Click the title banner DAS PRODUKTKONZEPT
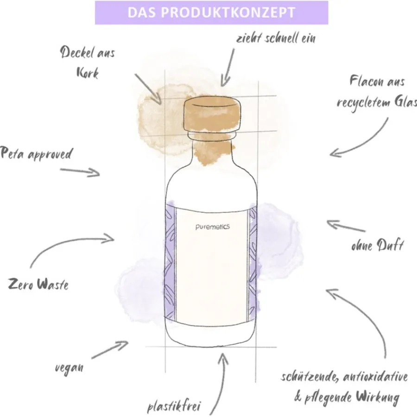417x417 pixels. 211,13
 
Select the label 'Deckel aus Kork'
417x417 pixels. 88,63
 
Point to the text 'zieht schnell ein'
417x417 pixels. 275,38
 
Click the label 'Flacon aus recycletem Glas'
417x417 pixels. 377,92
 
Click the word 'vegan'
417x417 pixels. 69,368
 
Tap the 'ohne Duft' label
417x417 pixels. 377,245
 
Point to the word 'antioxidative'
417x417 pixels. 375,377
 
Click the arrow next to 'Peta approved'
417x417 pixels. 80,171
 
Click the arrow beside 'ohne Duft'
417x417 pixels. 345,226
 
